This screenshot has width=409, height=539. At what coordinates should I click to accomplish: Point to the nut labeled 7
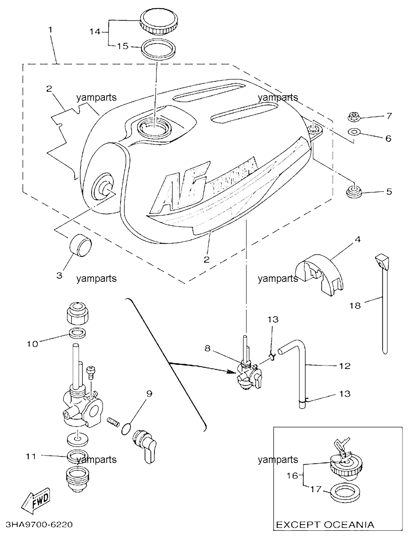click(354, 117)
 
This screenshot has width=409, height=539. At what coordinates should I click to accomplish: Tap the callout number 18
click(355, 306)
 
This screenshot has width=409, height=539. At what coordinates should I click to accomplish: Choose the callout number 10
click(32, 344)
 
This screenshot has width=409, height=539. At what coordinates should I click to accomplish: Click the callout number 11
click(31, 456)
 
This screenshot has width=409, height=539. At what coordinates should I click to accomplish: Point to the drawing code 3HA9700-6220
click(39, 525)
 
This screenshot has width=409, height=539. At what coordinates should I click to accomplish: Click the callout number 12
click(345, 366)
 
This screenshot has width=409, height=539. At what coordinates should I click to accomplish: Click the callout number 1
click(50, 30)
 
